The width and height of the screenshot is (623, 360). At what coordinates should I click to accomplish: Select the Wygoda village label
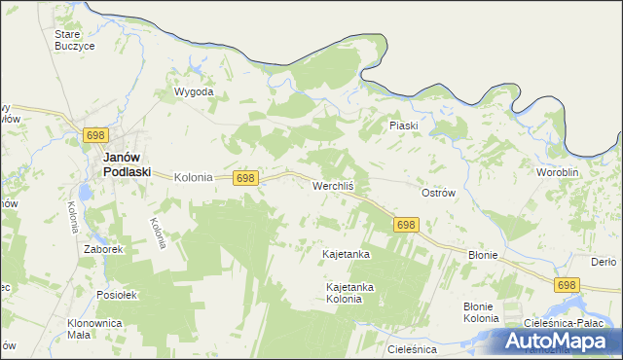pos(193,92)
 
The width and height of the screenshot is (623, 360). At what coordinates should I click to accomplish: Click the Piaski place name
pos(403,126)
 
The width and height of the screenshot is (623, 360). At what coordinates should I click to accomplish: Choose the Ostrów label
pos(438,193)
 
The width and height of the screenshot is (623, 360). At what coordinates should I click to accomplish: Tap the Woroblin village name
pos(558,172)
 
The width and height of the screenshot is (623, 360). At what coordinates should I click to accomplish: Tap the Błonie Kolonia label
pos(481,312)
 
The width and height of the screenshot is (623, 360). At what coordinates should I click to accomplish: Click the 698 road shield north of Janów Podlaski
pos(94,134)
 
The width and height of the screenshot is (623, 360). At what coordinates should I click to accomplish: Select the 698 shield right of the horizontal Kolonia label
pos(246,178)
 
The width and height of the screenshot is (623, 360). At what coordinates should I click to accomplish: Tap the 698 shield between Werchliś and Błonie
pos(406,225)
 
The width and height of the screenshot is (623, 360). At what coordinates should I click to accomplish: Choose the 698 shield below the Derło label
pos(568,284)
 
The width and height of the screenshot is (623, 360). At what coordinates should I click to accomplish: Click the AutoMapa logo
pos(562,341)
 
